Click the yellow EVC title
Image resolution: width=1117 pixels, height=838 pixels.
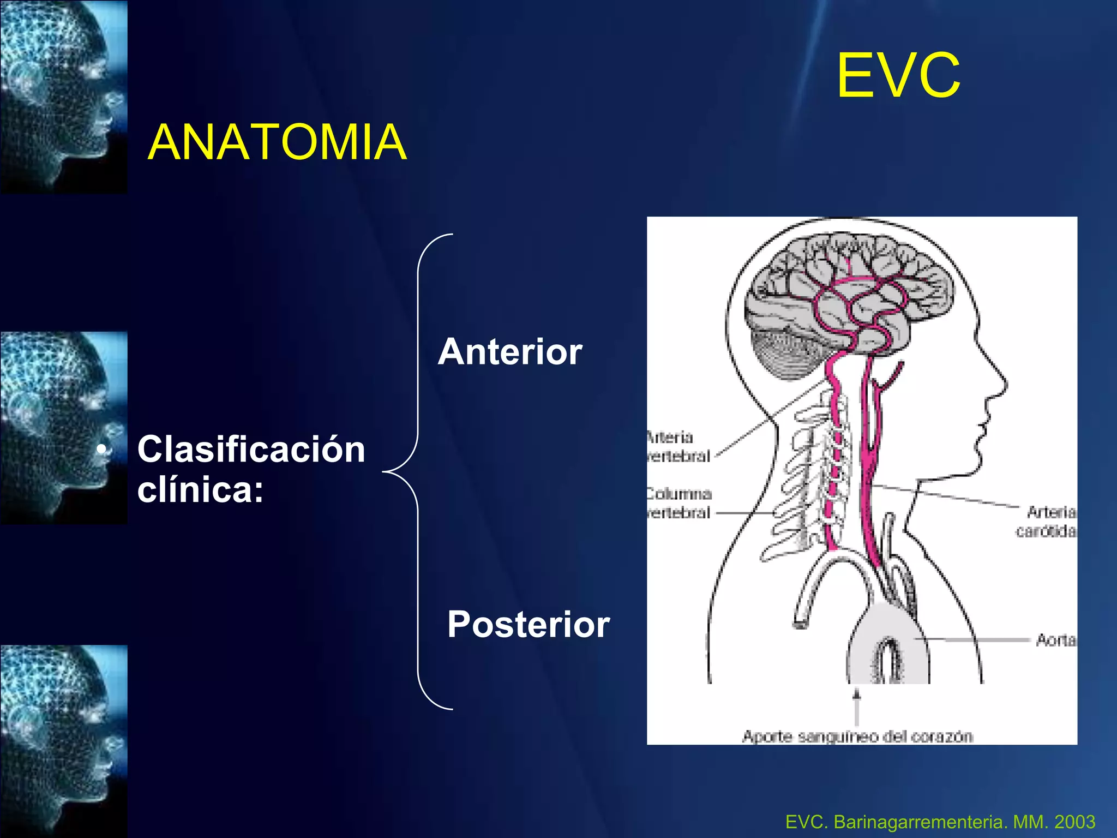coord(898,76)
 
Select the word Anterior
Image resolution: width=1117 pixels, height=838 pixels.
coord(510,352)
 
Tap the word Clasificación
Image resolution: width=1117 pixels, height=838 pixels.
coord(251,450)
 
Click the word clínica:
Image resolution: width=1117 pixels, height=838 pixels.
coord(200,490)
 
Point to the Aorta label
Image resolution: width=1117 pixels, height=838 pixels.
coord(1055,639)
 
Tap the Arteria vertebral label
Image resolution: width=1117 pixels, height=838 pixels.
coord(677,446)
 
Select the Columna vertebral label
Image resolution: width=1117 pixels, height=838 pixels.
coord(678,503)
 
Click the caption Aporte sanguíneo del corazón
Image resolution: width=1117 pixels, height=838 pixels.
coord(857,737)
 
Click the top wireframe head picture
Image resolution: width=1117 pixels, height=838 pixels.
coord(64,97)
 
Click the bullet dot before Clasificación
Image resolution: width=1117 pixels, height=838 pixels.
coord(101,450)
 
